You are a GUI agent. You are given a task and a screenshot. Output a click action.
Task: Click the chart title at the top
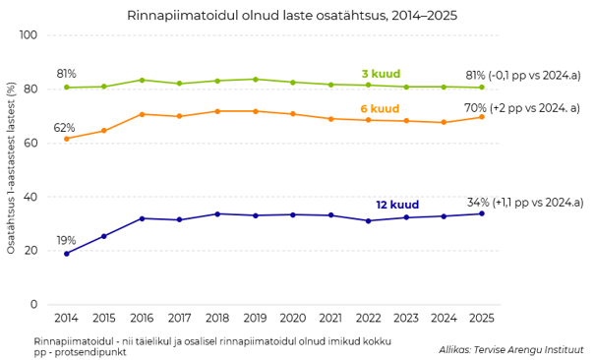pos(292,16)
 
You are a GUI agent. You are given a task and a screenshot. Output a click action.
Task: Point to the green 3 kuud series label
pos(381,74)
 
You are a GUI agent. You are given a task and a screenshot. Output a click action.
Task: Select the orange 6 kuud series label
pos(380,109)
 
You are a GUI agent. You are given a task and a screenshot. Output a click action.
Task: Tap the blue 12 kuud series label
pos(397,205)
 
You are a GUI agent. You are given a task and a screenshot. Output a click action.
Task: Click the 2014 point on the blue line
pos(67,254)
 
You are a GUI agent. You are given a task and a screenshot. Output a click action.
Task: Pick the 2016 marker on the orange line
pos(142,114)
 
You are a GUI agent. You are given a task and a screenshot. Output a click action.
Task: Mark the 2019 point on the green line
pos(256,80)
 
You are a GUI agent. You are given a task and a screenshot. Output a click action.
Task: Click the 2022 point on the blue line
pos(369,220)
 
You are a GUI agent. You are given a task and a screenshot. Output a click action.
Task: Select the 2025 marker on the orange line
pos(482,117)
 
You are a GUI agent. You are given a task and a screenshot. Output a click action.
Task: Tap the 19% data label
pos(66,241)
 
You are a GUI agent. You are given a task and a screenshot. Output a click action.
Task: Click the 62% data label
pos(64,128)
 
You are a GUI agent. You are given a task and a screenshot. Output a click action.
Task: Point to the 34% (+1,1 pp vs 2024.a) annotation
pos(525,203)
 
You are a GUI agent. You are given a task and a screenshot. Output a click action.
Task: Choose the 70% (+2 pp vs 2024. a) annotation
pos(522,108)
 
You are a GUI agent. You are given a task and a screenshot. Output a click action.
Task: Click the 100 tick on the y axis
pos(29,34)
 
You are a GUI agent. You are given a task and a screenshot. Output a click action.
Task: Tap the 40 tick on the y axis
pos(30,197)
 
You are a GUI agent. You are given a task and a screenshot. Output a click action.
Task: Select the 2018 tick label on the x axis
pos(217,318)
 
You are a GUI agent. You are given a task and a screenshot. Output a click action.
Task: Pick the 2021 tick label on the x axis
pos(330,318)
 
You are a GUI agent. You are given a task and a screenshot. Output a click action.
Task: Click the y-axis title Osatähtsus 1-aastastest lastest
pos(11,167)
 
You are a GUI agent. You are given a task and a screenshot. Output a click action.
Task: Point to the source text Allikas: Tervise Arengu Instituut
pos(511,349)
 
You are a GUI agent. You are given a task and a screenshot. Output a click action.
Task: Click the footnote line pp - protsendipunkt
pos(80,352)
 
